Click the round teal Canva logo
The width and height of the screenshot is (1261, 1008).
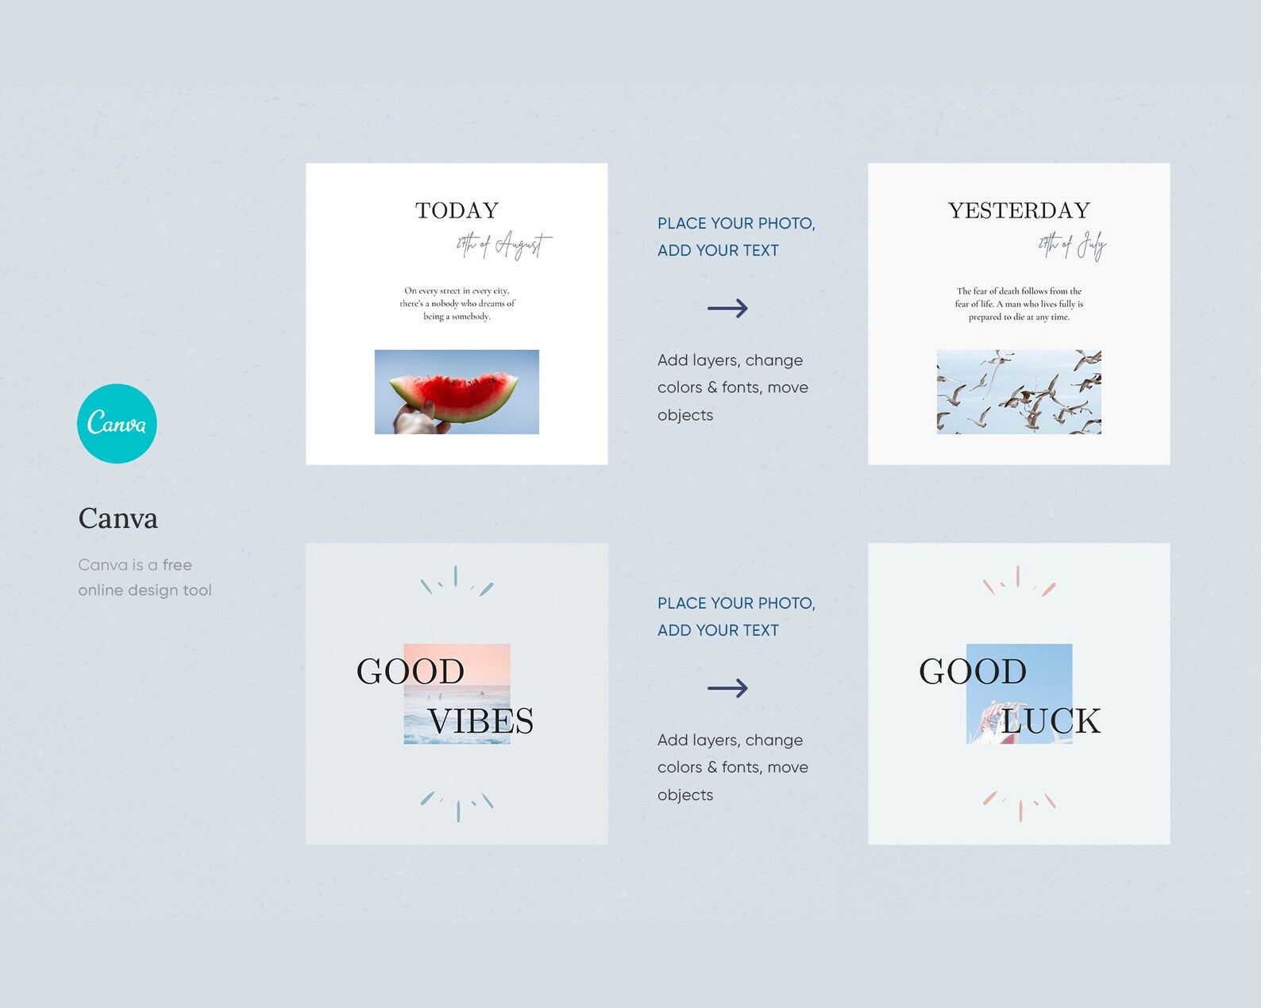pyautogui.click(x=117, y=423)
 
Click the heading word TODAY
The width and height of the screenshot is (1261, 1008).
pyautogui.click(x=457, y=210)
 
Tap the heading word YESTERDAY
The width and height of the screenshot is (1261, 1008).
pyautogui.click(x=1019, y=210)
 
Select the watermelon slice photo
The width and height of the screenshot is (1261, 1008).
pyautogui.click(x=457, y=392)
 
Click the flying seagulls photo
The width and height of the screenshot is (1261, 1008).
pyautogui.click(x=1019, y=392)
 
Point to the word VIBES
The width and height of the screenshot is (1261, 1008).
pyautogui.click(x=480, y=721)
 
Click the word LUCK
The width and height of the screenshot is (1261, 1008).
pyautogui.click(x=1050, y=721)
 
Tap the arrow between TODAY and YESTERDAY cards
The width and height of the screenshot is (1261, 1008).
pyautogui.click(x=727, y=308)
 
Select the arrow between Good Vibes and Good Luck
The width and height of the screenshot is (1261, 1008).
pyautogui.click(x=727, y=687)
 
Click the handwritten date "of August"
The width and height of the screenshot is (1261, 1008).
pyautogui.click(x=503, y=245)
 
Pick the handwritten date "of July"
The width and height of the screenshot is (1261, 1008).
pyautogui.click(x=1072, y=246)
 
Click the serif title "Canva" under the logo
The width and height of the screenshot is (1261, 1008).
pyautogui.click(x=118, y=518)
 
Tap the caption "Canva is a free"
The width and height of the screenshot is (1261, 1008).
pyautogui.click(x=135, y=565)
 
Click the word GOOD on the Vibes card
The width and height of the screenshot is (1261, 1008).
pyautogui.click(x=411, y=671)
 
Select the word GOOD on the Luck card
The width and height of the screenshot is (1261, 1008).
pyautogui.click(x=973, y=671)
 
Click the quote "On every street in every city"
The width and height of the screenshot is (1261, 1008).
pyautogui.click(x=457, y=290)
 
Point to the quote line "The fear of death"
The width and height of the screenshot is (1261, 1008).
pyautogui.click(x=1019, y=291)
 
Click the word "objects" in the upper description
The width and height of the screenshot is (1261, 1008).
pyautogui.click(x=685, y=415)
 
